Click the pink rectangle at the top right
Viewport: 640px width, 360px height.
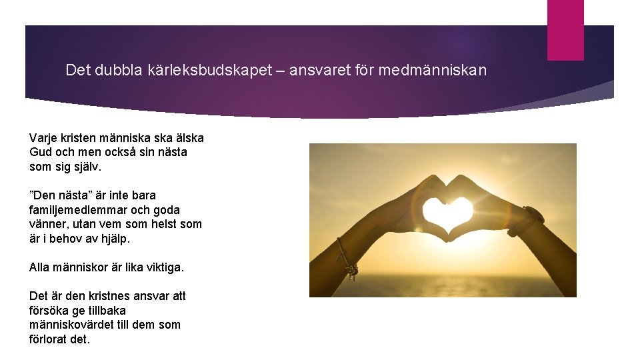(565, 29)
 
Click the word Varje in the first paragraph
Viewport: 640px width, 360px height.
(43, 138)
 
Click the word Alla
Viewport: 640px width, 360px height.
(40, 267)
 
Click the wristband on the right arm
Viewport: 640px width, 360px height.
(525, 221)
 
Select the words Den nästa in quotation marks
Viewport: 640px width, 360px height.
(60, 195)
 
